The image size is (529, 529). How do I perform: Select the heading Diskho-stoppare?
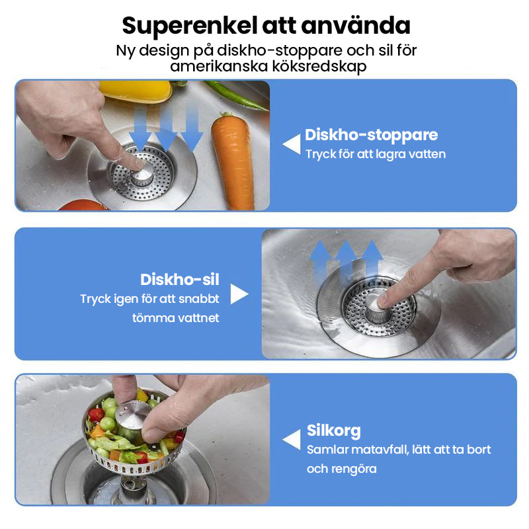pyautogui.click(x=371, y=135)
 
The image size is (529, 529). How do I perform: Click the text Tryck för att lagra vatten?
pyautogui.click(x=375, y=154)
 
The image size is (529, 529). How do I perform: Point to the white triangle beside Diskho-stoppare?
pyautogui.click(x=292, y=144)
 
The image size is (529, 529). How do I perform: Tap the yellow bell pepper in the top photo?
pyautogui.click(x=136, y=91)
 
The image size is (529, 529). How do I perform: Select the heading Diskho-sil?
pyautogui.click(x=179, y=279)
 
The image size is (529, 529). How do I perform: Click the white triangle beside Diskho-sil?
pyautogui.click(x=239, y=294)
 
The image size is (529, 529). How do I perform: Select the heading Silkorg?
pyautogui.click(x=333, y=430)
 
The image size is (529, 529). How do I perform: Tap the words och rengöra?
pyautogui.click(x=341, y=469)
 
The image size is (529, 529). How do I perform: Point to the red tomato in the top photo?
pyautogui.click(x=83, y=205)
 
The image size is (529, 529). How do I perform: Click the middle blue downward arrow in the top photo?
pyautogui.click(x=165, y=129)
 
